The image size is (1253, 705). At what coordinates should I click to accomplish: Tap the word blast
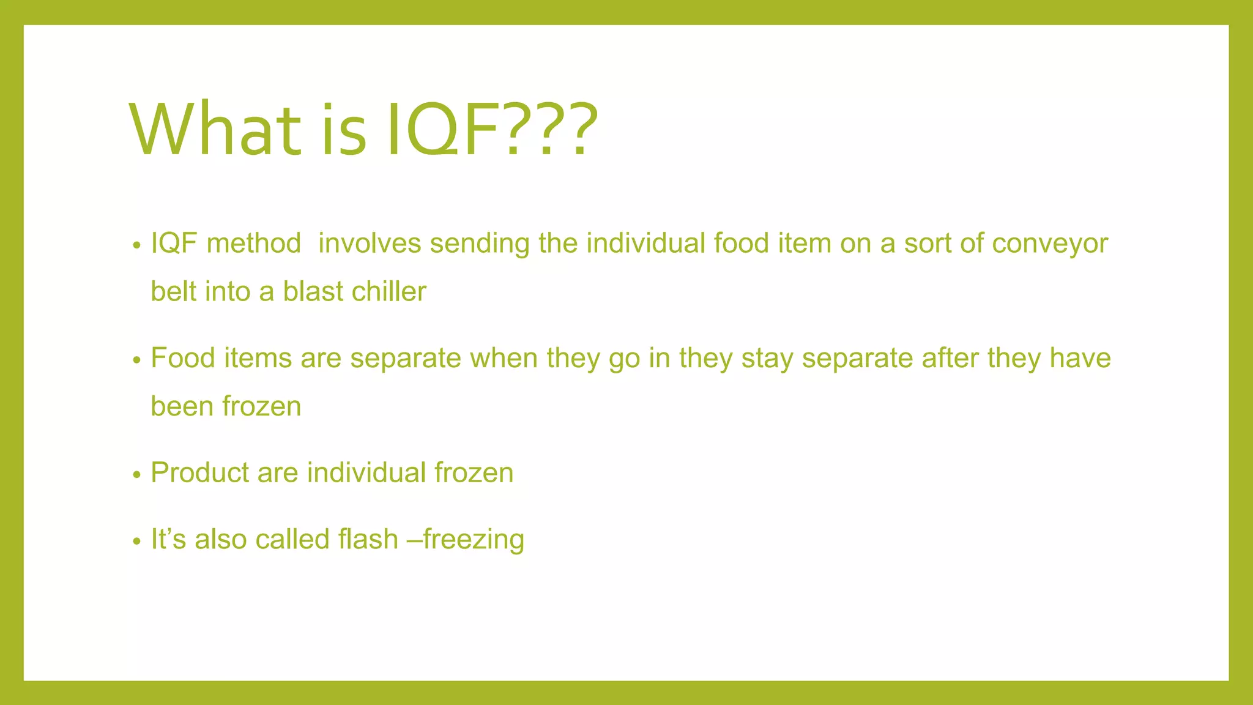[313, 291]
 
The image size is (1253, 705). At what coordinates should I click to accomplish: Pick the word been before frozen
[182, 406]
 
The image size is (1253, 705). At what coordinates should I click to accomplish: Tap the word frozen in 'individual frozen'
[474, 473]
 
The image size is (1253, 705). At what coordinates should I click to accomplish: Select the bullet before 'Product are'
[136, 475]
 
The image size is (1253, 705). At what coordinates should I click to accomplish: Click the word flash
[368, 539]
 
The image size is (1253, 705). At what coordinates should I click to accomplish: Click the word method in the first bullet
[254, 244]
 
